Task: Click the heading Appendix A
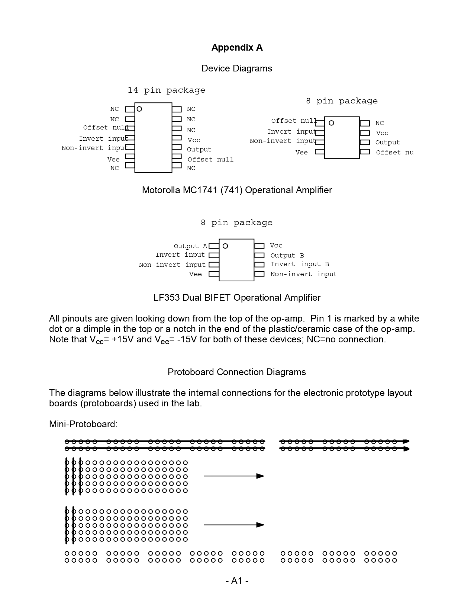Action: pos(237,48)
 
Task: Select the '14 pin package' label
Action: pos(166,90)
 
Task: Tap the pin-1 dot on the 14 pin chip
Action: pos(139,109)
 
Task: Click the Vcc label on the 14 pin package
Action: pos(194,140)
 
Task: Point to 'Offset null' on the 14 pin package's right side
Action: pos(210,160)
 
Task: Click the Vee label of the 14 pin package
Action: pos(113,160)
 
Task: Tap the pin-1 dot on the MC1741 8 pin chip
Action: pos(331,123)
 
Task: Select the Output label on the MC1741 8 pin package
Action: pos(387,143)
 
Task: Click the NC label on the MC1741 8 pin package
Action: pos(379,123)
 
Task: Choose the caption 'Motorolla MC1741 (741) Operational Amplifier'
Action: pos(237,190)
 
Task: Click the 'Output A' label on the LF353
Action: pos(190,246)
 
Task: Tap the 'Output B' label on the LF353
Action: pos(287,256)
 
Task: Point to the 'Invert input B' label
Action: pos(300,264)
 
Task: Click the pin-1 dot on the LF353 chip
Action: pos(225,246)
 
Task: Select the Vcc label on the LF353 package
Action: pos(276,246)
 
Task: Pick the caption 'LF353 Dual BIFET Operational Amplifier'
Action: pos(237,298)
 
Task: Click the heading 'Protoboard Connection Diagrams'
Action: pos(237,372)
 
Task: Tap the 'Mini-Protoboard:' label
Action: pos(83,424)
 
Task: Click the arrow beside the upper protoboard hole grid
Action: pos(234,476)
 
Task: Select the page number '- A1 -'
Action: pos(237,581)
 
